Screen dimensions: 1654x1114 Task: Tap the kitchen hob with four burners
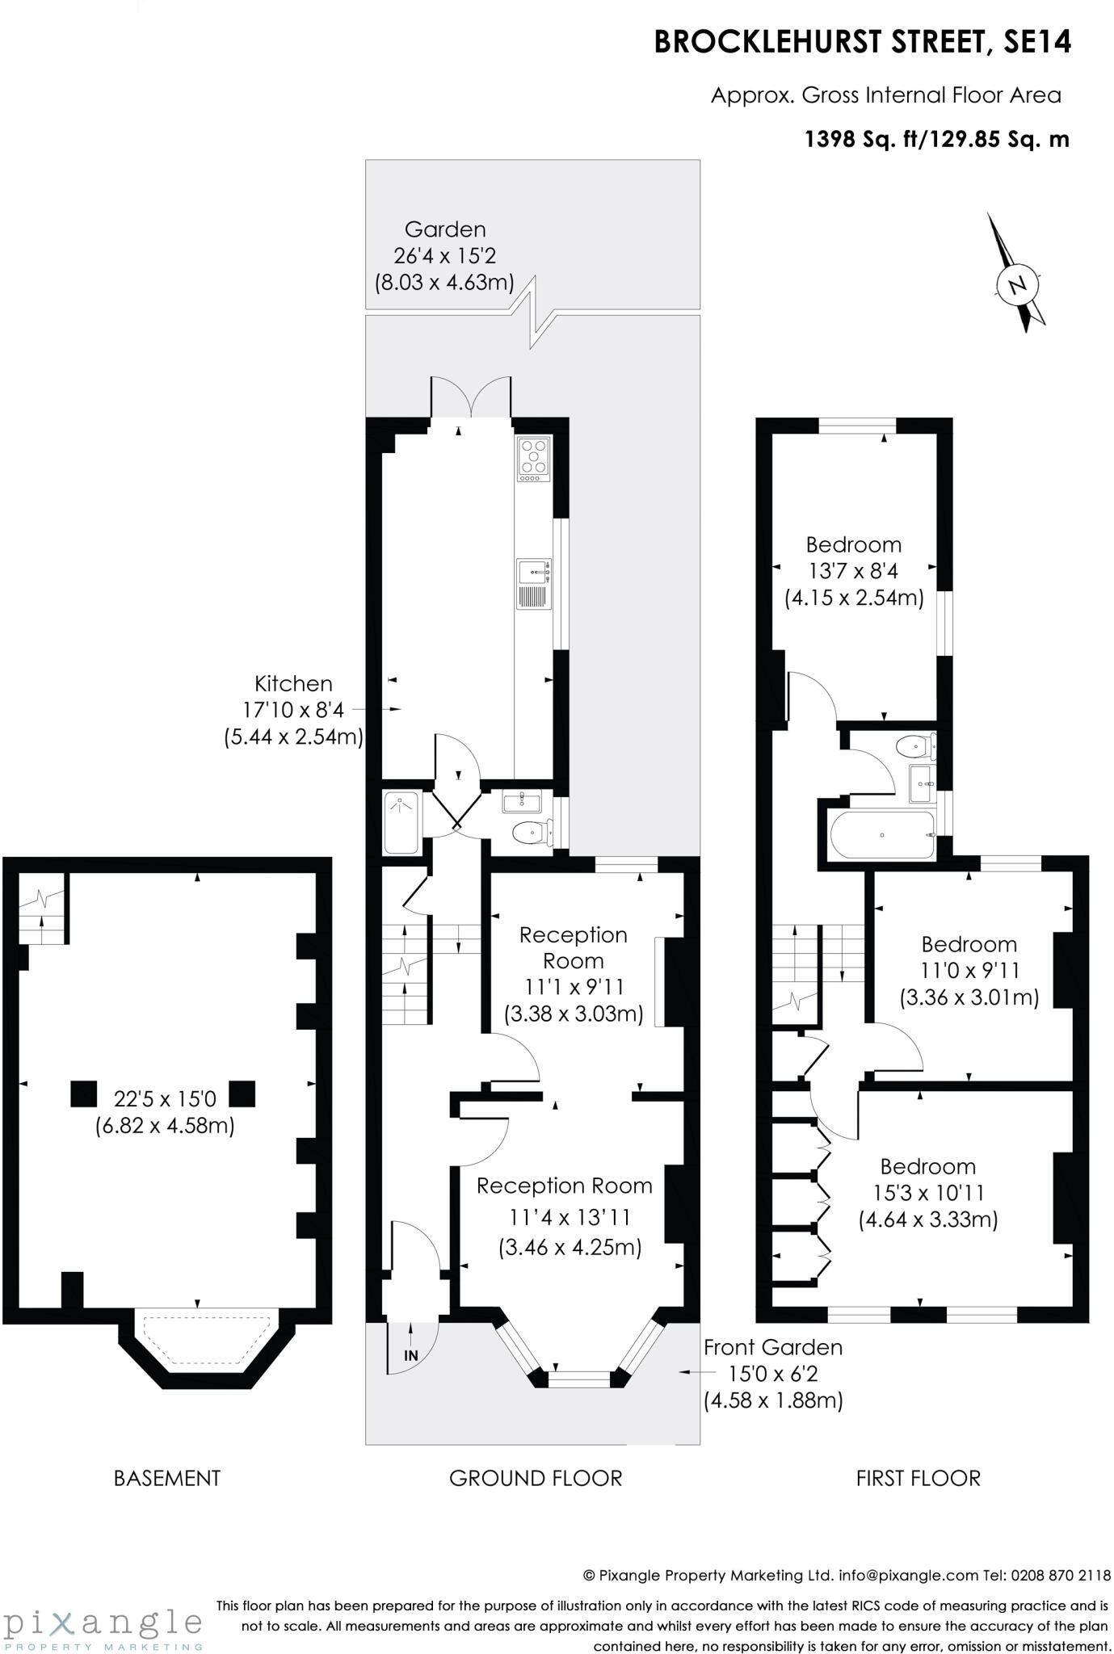pos(534,459)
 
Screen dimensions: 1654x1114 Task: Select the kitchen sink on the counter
pos(534,572)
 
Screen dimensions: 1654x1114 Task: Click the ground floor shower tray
pos(401,822)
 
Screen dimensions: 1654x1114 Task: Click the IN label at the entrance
pos(411,1355)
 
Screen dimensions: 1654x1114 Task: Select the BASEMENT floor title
pos(167,1478)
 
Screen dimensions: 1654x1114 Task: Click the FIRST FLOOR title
pos(918,1478)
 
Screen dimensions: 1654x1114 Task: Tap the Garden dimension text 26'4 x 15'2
pos(444,256)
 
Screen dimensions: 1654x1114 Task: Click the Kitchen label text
pos(293,683)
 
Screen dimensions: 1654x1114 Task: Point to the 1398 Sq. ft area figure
pos(864,140)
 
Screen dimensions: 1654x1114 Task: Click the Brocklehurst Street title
pos(862,42)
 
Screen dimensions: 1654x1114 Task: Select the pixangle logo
pos(103,1624)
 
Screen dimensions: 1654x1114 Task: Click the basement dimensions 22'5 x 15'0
pos(165,1098)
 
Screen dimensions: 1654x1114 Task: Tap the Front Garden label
pos(772,1347)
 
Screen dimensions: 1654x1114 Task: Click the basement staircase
pos(41,910)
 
